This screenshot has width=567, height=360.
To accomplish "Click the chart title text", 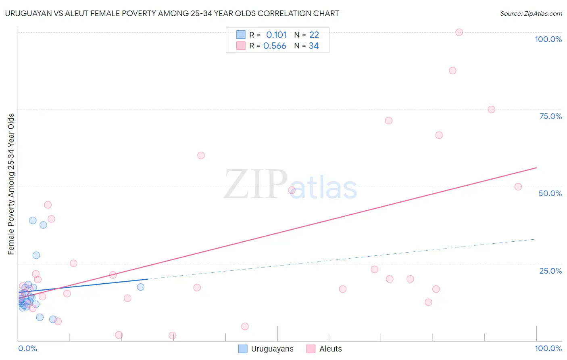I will point(172,13).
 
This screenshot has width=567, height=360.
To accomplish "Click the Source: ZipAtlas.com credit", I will point(531,14).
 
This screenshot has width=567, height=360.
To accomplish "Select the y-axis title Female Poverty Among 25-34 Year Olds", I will point(11,184).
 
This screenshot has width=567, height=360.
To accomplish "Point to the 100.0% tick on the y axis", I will point(548,39).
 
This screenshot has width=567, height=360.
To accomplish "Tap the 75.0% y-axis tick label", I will point(550,116).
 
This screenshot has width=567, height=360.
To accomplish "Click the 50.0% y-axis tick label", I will point(550,193).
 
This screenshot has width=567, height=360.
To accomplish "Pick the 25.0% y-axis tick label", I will point(550,271).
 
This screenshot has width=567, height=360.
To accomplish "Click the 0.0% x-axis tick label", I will point(27,348).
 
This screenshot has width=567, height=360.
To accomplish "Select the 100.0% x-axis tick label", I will point(548,348).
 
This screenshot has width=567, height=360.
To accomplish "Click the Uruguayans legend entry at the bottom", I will point(266,349).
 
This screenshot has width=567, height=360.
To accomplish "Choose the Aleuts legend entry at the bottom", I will point(324,349).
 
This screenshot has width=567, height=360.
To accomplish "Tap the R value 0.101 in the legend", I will point(276,35).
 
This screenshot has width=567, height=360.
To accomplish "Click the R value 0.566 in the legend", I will point(275,46).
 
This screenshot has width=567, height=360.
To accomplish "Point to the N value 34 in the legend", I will point(314,46).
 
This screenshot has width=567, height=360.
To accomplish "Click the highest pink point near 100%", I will point(459,32).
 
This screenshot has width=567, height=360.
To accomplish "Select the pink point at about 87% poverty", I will point(452,71).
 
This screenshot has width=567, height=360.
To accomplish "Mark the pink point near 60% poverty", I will point(201,155).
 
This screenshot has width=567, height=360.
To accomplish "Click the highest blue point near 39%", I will point(33,220).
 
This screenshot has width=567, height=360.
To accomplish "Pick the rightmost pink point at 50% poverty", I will point(518,187).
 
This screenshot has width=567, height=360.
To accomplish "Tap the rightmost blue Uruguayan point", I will point(141,287).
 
